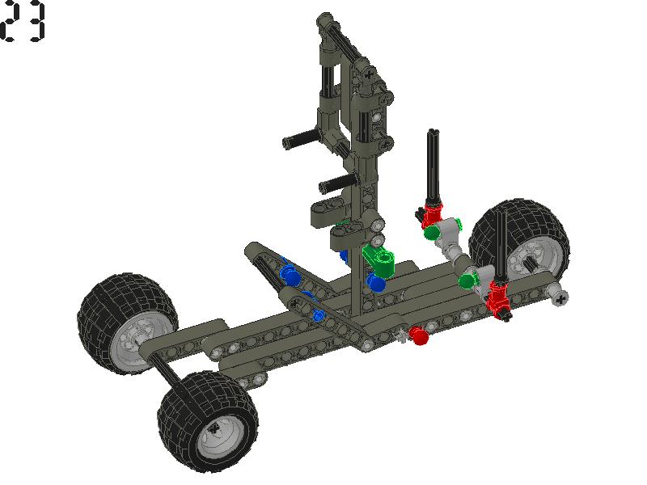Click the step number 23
point(23,23)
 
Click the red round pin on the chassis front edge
point(418,335)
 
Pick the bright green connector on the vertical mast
point(380,260)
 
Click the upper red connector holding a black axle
point(432,214)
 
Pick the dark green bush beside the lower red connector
point(467,280)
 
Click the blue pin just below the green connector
point(374,282)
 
